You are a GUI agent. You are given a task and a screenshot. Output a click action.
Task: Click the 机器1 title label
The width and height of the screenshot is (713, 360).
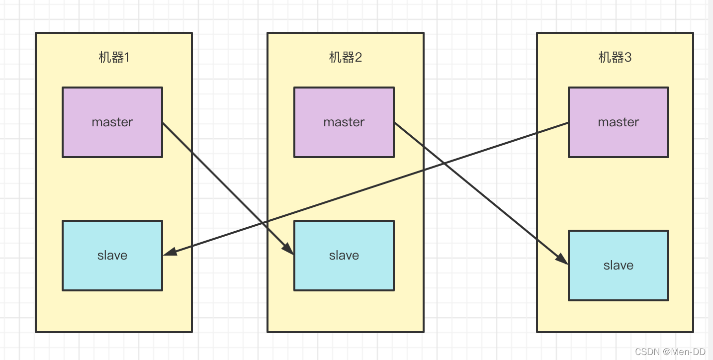[x=114, y=58]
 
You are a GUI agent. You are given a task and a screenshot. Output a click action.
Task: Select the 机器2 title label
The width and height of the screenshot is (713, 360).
[x=346, y=58]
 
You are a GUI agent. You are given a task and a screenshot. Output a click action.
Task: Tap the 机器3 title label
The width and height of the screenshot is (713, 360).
[x=615, y=58]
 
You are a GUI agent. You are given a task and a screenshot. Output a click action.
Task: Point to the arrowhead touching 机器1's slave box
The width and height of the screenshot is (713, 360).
[x=170, y=253]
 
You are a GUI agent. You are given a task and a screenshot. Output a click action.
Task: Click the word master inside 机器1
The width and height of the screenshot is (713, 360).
[x=112, y=122]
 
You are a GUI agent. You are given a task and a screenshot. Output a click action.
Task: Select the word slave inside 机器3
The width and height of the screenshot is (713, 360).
[x=619, y=266]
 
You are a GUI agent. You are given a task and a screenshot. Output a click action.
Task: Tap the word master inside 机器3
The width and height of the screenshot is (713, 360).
[x=619, y=122]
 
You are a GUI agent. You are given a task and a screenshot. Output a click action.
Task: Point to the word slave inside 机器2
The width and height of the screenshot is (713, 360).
[x=344, y=256]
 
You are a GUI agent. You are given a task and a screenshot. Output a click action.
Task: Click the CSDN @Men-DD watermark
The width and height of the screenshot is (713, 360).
[x=670, y=352]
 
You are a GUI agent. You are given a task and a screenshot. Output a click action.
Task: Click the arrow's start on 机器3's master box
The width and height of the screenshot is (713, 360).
[x=568, y=123]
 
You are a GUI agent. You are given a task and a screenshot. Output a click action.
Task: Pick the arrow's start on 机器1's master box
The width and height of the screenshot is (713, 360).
[x=163, y=123]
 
